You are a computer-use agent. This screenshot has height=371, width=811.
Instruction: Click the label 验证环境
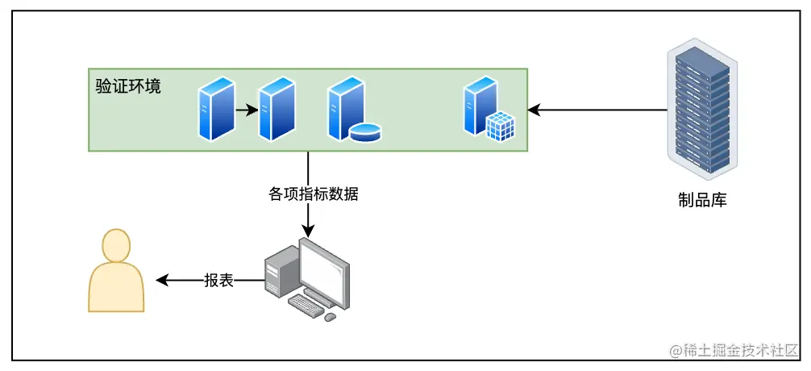(x=128, y=86)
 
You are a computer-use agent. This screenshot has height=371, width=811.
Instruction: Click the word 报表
(x=218, y=281)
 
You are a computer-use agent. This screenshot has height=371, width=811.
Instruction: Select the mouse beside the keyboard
(x=330, y=317)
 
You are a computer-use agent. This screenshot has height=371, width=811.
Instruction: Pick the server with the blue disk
(x=347, y=109)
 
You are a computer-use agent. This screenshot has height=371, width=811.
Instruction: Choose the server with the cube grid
(x=483, y=107)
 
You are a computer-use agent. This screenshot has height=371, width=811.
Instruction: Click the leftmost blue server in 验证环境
(x=215, y=108)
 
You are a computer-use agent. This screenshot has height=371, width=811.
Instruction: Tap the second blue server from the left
(x=277, y=108)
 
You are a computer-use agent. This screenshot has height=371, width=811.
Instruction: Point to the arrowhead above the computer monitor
(x=307, y=231)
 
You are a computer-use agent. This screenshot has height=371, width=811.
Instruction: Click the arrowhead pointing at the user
(x=161, y=281)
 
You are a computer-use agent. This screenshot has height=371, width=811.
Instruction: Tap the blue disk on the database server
(x=365, y=131)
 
